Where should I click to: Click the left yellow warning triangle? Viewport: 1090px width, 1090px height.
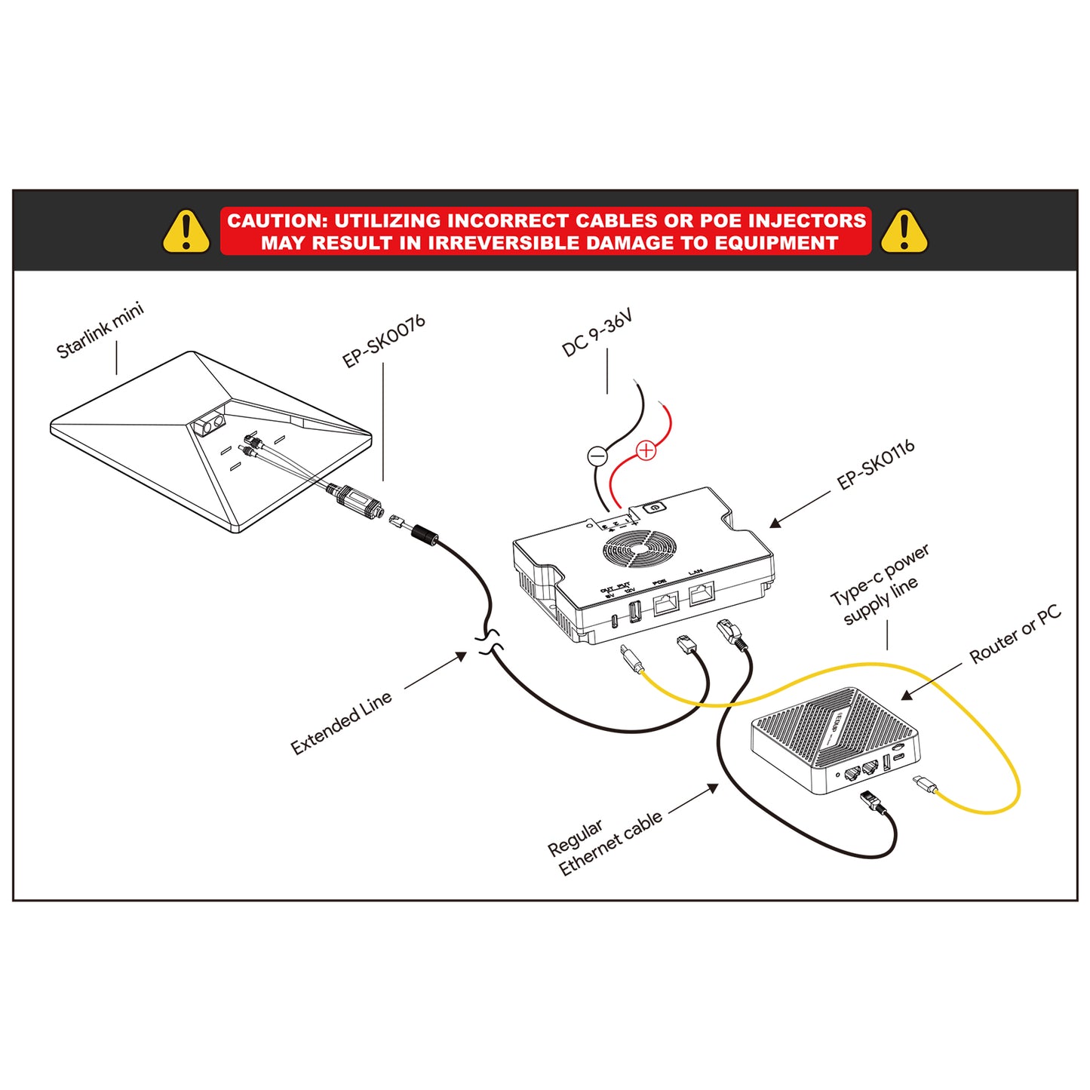[x=186, y=232]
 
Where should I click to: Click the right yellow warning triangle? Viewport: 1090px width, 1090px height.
[x=904, y=232]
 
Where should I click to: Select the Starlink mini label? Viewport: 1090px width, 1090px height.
[x=100, y=330]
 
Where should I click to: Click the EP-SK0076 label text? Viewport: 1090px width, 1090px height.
[x=384, y=341]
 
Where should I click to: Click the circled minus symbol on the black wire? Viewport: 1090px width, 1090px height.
[x=597, y=456]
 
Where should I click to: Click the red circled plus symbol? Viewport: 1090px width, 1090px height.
[x=646, y=450]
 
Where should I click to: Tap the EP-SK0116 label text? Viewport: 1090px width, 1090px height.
[x=876, y=465]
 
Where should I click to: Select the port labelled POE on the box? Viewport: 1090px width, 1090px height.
[x=665, y=603]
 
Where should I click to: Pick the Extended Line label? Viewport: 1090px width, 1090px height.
[x=342, y=722]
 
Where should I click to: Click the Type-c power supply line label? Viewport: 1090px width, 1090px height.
[x=880, y=585]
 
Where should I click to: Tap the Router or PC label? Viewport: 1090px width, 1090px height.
[x=1015, y=634]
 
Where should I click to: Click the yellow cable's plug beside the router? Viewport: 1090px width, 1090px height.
[x=924, y=784]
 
